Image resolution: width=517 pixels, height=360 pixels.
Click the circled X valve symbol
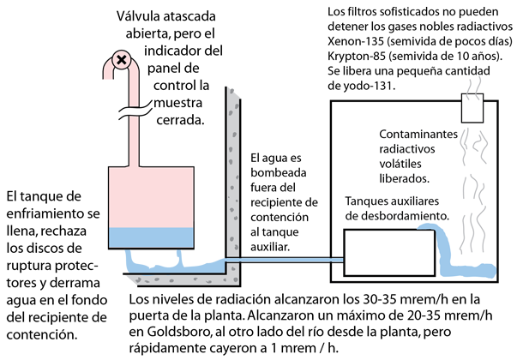pos(122,60)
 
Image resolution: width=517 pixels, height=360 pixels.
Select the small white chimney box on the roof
pos(472,108)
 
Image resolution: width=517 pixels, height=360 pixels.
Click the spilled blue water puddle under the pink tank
pos(163,261)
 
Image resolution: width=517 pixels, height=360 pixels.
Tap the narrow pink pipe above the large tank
pos(134,141)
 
